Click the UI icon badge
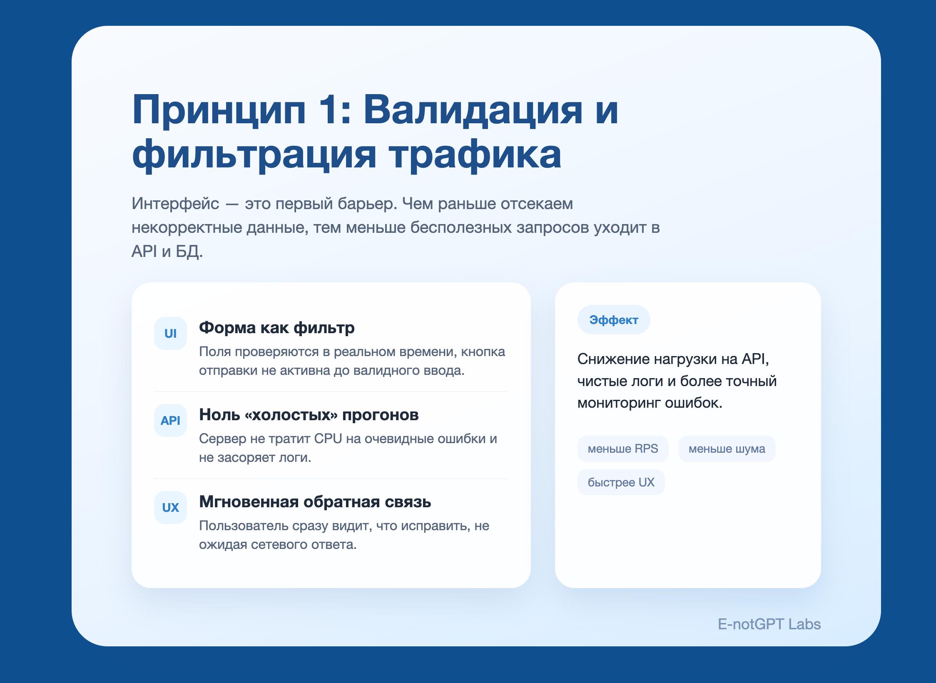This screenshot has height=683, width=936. coord(170,334)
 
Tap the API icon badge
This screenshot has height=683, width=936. coord(170,421)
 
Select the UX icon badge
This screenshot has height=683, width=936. coord(170,508)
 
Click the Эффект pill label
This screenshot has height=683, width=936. coord(614,320)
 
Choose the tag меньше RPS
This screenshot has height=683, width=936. coord(623,449)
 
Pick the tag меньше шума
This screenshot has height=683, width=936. coord(727,449)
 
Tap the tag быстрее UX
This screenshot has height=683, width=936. coord(621,482)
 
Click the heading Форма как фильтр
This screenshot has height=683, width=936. coord(277,328)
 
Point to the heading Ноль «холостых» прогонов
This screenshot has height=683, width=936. coord(309,415)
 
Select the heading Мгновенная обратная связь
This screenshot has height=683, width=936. coord(315,502)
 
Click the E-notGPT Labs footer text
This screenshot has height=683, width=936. coord(769,624)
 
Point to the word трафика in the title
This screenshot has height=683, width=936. coord(475,155)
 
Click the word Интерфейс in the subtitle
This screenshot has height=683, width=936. coord(175,204)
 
